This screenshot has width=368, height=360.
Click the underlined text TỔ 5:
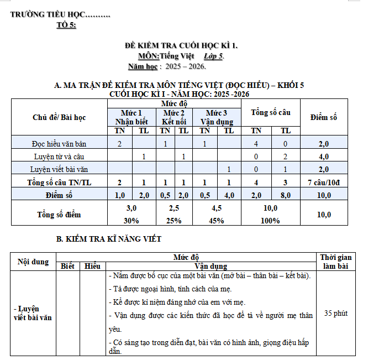pos(66,25)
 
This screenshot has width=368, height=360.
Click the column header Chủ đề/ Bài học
pos(59,117)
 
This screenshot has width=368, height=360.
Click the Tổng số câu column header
pos(271,112)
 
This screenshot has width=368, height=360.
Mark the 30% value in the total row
pos(131,221)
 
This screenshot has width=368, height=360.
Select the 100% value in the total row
pos(271,221)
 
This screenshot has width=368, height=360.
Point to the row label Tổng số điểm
pos(59,214)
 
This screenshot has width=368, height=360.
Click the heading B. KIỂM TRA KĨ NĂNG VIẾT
pos(109,239)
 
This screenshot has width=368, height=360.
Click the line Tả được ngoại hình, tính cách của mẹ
pos(170,289)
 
